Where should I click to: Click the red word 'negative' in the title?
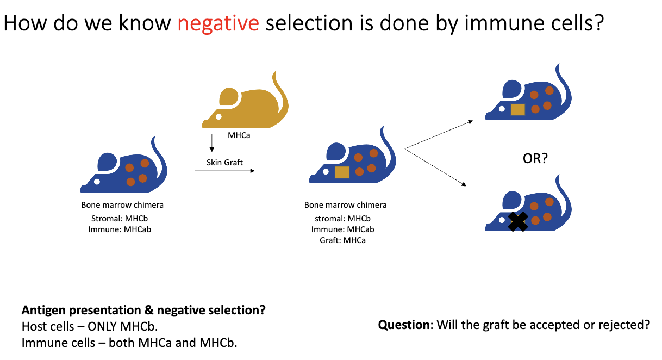click(218, 24)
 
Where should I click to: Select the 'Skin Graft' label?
click(224, 162)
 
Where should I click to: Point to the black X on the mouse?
click(518, 221)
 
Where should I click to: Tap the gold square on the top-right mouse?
click(518, 109)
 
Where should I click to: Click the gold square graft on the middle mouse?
click(342, 172)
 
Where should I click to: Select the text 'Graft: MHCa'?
click(342, 240)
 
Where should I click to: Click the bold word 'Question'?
click(403, 325)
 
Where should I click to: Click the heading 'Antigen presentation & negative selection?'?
click(143, 311)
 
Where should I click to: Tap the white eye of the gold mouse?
click(218, 116)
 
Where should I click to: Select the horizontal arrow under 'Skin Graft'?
click(224, 171)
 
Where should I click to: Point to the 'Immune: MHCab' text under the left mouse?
click(120, 229)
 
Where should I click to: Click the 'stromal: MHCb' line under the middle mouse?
click(342, 219)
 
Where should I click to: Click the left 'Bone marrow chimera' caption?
click(122, 205)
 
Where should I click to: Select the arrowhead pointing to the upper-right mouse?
click(471, 122)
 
